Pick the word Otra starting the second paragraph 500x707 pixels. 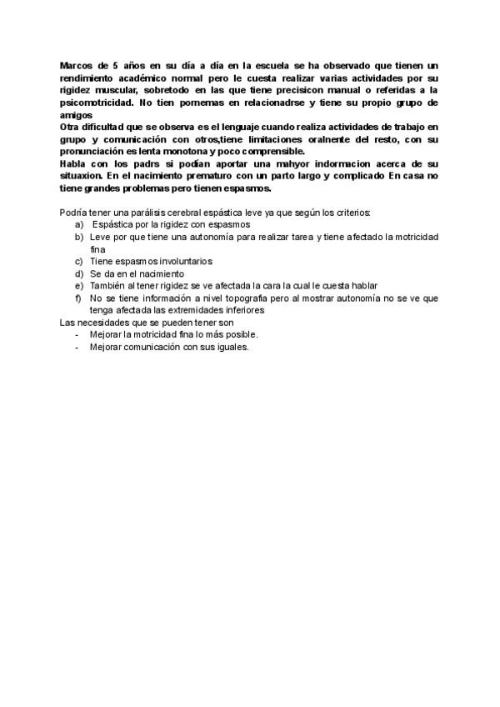(x=72, y=126)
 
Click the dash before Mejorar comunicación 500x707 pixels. (x=77, y=347)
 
